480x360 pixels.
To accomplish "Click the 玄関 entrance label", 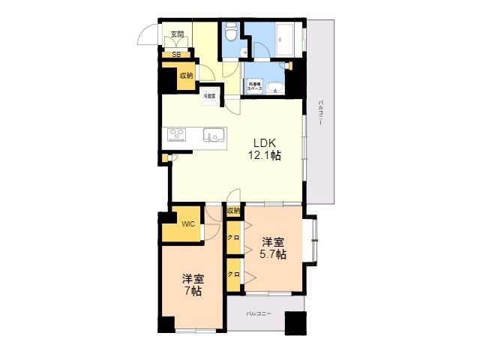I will (x=176, y=34).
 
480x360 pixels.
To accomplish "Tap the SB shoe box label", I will (x=176, y=54).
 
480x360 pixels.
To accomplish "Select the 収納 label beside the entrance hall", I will (x=186, y=75).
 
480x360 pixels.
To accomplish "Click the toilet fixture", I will (x=231, y=31).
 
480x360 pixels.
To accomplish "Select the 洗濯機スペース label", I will (x=254, y=86).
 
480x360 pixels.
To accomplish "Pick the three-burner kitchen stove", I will (x=178, y=134).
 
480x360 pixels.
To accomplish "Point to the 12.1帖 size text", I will (x=265, y=156).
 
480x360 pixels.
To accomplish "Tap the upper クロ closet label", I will (x=233, y=238).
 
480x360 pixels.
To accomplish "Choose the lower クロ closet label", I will (x=233, y=274).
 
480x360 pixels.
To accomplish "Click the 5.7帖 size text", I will (x=273, y=254).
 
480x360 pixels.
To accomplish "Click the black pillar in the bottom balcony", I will (x=295, y=322).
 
